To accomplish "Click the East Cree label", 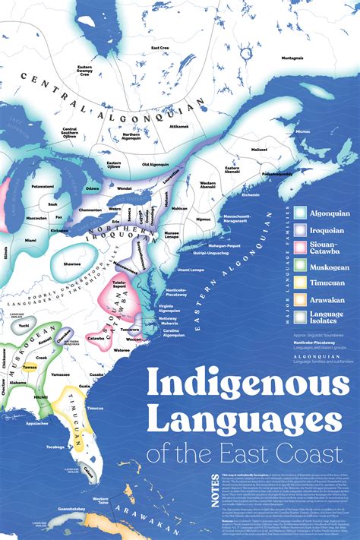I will tap(159, 48).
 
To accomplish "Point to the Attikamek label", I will tap(178, 126).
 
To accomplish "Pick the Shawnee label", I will tap(73, 264).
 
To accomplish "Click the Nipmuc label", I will tap(204, 219).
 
